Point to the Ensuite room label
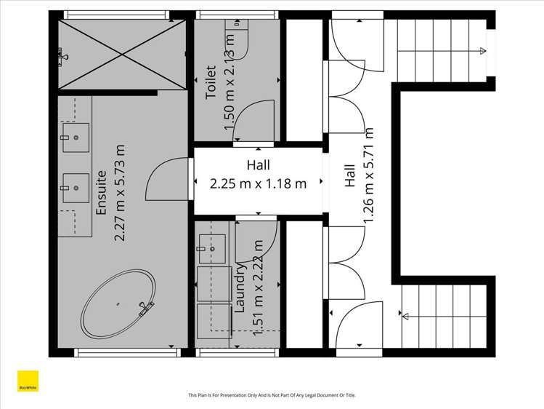click(102, 193)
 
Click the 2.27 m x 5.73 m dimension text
click(121, 193)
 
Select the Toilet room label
click(211, 84)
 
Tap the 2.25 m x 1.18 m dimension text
click(258, 183)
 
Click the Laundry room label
click(240, 288)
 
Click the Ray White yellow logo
click(28, 382)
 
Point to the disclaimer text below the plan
click(272, 395)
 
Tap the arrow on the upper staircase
click(482, 51)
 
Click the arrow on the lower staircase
click(404, 315)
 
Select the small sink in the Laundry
click(211, 247)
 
